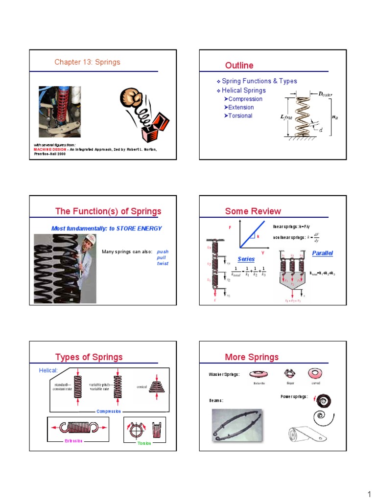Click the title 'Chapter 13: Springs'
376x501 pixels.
coord(87,62)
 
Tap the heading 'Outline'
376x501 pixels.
coord(239,66)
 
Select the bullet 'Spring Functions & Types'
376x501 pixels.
coord(259,81)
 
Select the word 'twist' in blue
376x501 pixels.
coord(163,263)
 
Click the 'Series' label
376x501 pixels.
coord(246,258)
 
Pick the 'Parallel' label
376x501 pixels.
coord(322,253)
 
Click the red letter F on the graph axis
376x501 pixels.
coord(230,228)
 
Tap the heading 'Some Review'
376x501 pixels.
coord(253,211)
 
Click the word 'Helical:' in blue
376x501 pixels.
coord(48,370)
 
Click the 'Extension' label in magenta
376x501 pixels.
coord(74,441)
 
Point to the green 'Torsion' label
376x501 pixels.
coord(144,443)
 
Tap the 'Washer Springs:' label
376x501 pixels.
coord(224,375)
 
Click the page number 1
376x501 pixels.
coord(370,492)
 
